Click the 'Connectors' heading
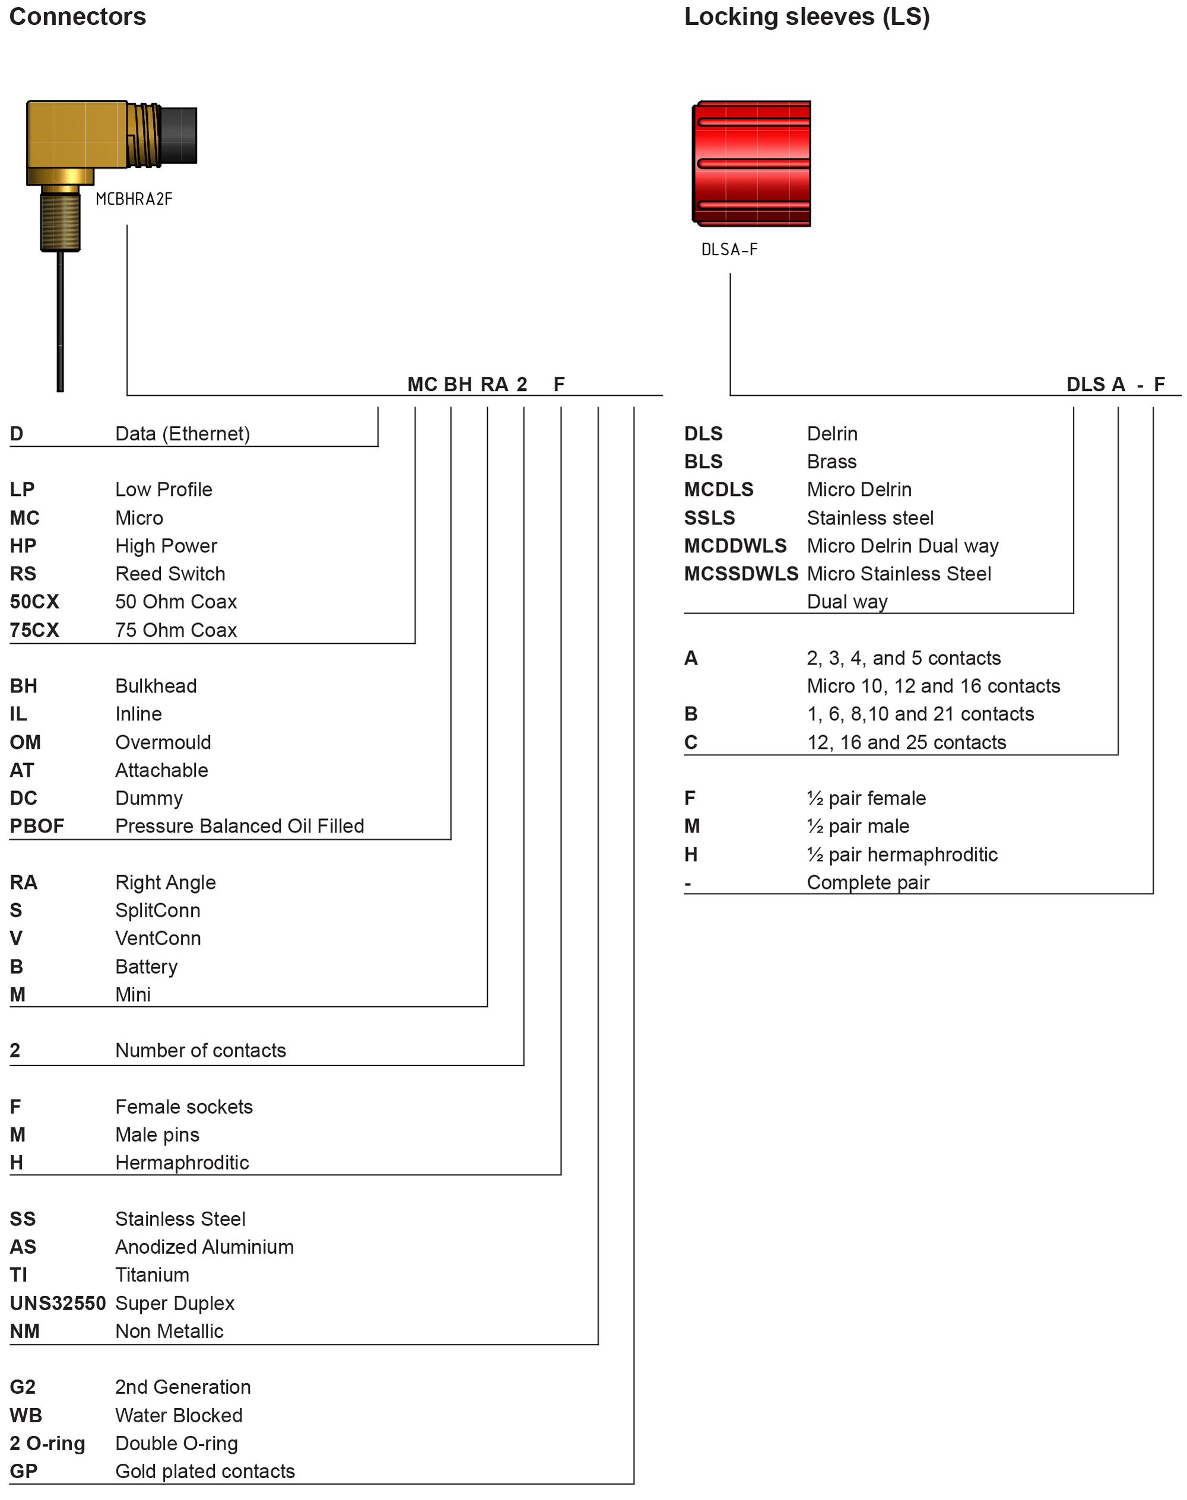(x=77, y=17)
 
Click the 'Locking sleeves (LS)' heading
(x=807, y=17)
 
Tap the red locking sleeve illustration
(x=751, y=163)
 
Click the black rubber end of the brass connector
(x=179, y=135)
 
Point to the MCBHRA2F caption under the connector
(x=134, y=199)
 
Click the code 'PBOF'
(x=37, y=826)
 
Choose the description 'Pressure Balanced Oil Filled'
(x=240, y=826)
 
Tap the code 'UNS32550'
(x=58, y=1304)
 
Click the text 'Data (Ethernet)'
(x=182, y=434)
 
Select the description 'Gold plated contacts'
(x=205, y=1472)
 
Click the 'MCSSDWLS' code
(x=741, y=574)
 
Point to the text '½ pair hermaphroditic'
(x=902, y=854)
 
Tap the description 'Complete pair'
(x=868, y=882)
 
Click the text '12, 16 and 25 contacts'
(x=906, y=743)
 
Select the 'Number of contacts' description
(x=200, y=1050)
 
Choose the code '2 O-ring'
(x=47, y=1444)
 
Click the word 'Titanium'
(x=152, y=1275)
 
